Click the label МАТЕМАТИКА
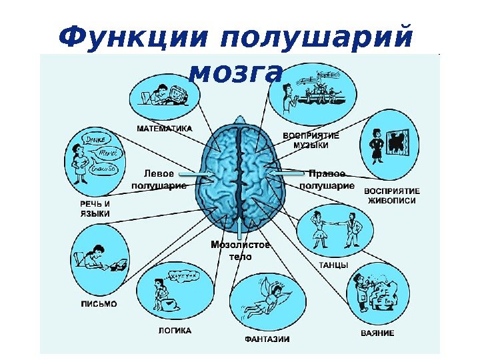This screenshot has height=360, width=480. coord(164,127)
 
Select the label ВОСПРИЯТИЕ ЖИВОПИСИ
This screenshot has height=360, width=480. coord(391,195)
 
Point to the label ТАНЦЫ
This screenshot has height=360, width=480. coord(333,265)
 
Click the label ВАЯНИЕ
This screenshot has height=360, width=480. coord(377,333)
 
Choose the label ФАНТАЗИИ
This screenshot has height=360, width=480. coord(267,339)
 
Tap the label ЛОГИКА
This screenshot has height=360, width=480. coord(175,331)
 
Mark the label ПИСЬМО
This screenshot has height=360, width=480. coord(99,304)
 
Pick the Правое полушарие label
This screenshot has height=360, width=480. coord(327,179)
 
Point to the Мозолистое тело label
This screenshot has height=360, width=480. coord(241,250)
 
